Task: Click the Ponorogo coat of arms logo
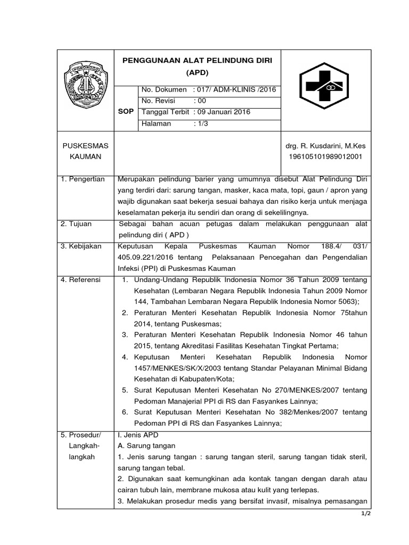(86, 85)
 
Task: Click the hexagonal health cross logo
(324, 85)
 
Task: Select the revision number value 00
(198, 101)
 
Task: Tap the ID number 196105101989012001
(325, 157)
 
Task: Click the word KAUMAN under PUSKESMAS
(86, 157)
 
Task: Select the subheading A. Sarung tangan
(146, 445)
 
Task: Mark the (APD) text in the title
(197, 72)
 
